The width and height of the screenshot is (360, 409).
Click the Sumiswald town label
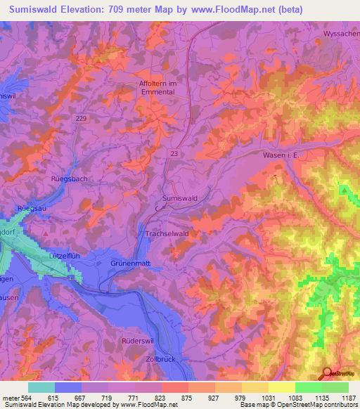(180, 199)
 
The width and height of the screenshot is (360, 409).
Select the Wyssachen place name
(342, 33)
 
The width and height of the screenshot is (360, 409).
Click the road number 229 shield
(81, 119)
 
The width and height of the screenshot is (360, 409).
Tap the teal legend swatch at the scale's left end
(41, 387)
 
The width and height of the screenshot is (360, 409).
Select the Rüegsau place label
(32, 208)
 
